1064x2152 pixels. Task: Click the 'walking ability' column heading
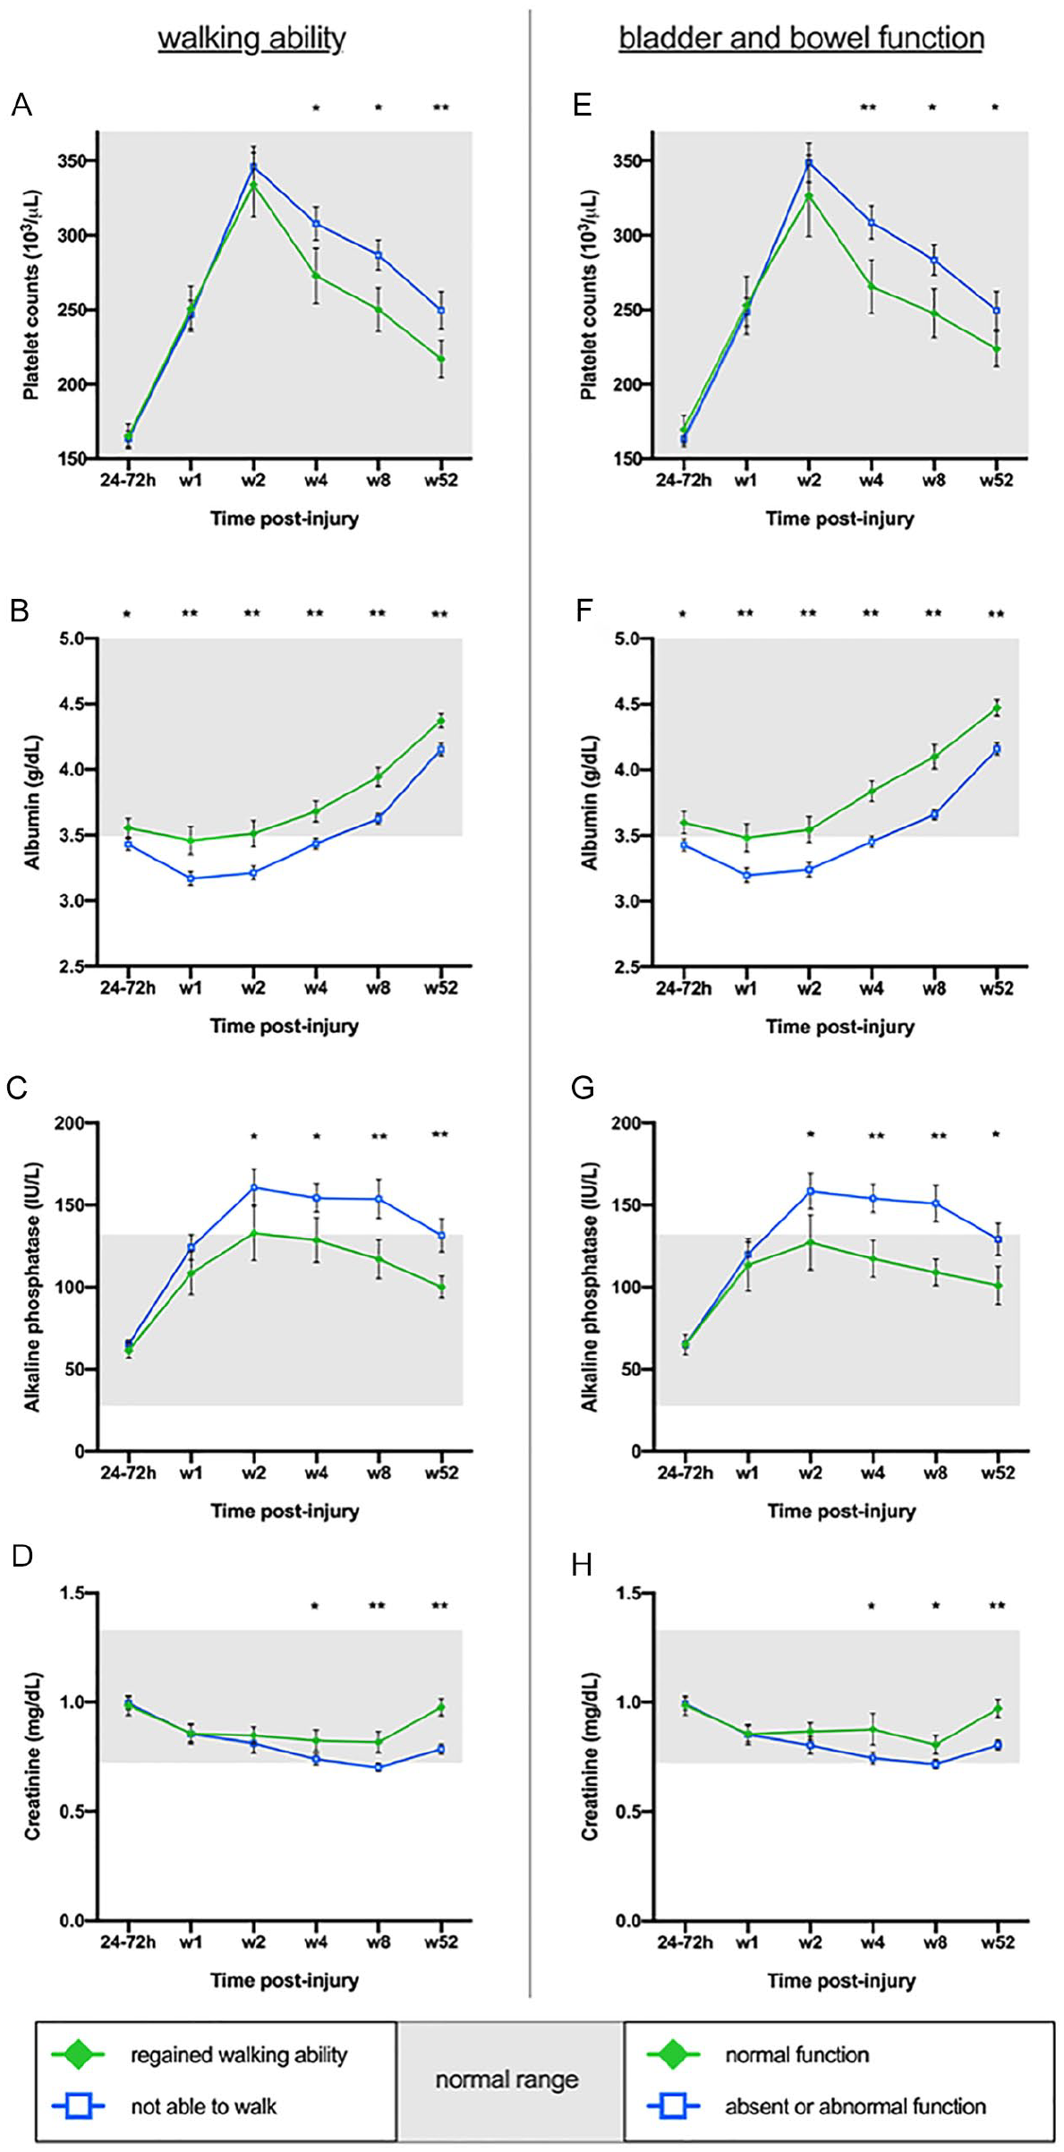click(251, 38)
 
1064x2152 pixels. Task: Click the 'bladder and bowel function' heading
click(802, 38)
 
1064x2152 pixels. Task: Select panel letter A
click(21, 106)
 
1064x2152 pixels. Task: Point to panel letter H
click(582, 1566)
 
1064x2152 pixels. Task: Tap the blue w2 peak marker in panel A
click(253, 167)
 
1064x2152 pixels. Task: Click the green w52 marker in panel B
click(440, 721)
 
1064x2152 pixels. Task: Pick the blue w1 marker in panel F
click(746, 875)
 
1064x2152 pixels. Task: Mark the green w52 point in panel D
click(440, 1708)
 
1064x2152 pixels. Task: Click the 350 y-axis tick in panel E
click(633, 161)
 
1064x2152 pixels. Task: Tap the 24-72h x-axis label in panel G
click(685, 1473)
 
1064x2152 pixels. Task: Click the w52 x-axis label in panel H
click(998, 1943)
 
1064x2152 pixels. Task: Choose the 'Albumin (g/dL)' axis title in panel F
click(589, 802)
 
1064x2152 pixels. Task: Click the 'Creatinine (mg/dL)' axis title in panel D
click(32, 1756)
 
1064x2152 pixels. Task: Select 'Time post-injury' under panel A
click(285, 518)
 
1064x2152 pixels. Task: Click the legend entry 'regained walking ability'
click(239, 2054)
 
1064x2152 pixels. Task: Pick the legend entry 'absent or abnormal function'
click(855, 2106)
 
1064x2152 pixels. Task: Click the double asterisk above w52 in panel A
click(440, 108)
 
